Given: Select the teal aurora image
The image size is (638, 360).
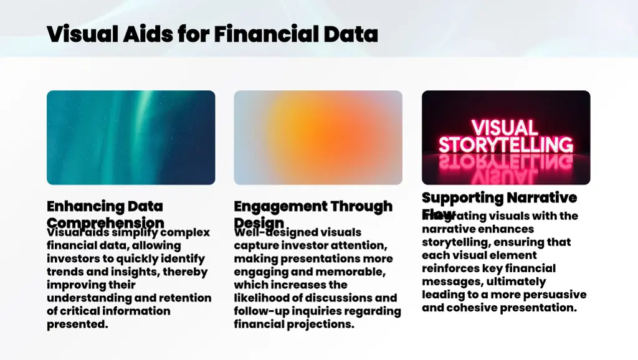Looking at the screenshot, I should click(131, 138).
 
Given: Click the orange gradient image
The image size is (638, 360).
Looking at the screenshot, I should click(318, 138).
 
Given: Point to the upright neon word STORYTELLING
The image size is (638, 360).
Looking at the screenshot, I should click(505, 145).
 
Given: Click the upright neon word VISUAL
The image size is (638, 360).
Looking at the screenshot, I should click(504, 127).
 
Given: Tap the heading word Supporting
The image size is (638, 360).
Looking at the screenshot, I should click(462, 198).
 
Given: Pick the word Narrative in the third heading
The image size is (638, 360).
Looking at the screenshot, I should click(541, 198).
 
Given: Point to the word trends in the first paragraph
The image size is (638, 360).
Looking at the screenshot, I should click(64, 272).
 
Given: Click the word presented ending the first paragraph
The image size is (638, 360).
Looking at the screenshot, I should click(77, 324).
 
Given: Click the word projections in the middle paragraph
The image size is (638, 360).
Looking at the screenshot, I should click(323, 324).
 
